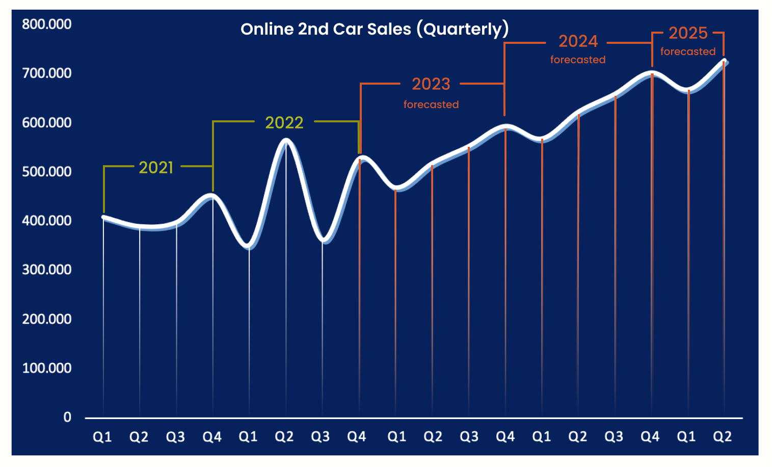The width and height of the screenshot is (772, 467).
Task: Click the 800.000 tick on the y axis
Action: pos(46,24)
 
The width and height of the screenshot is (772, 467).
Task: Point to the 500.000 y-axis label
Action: pos(46,171)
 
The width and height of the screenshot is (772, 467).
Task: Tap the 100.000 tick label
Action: pos(46,368)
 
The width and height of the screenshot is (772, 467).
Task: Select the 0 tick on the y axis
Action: pos(67,417)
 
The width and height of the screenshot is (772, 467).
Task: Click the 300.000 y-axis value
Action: pos(46,269)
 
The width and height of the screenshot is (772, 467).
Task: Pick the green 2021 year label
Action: pos(156,167)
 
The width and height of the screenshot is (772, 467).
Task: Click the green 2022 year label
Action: pos(284,122)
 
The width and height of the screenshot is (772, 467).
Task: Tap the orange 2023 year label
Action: pos(431,84)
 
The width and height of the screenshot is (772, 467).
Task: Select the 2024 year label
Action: pos(578,41)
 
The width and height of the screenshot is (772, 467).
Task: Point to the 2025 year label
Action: pos(688,33)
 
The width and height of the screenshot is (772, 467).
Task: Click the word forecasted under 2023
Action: pos(431,105)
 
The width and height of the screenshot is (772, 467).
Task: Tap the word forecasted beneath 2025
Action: pos(688,51)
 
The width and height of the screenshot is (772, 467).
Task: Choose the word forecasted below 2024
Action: pos(578,60)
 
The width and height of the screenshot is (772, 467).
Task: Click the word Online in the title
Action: pos(267,29)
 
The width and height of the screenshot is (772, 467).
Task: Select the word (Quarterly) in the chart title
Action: pos(462,29)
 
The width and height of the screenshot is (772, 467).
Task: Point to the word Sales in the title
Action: pos(389,29)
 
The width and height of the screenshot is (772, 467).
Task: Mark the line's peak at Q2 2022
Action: pos(286,140)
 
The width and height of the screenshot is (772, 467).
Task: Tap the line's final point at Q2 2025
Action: pos(724,62)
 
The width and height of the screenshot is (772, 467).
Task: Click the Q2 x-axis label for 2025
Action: pos(722,436)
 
